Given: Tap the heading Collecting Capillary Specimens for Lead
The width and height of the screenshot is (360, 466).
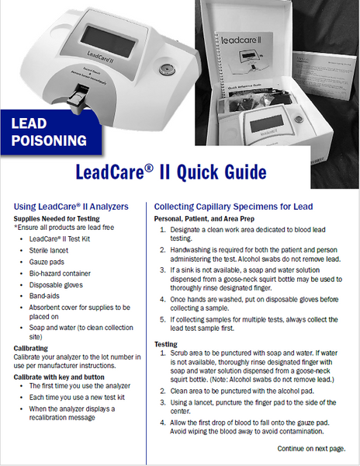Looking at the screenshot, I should (x=234, y=207).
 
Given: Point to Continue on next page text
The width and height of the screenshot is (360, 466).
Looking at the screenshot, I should (x=317, y=449).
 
